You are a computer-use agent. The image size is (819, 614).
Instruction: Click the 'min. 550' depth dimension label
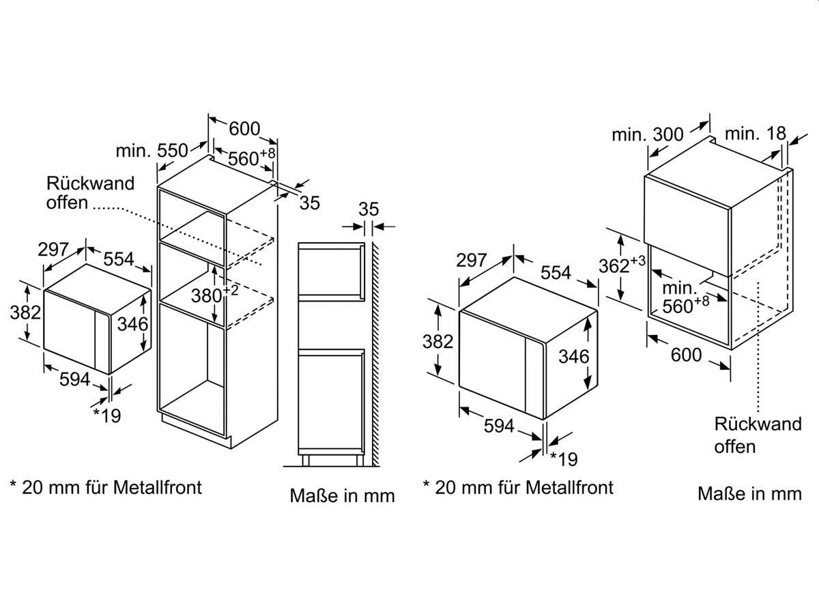[152, 151]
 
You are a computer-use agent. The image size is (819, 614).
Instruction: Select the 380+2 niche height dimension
[214, 295]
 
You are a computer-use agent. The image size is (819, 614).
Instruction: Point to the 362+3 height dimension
[622, 265]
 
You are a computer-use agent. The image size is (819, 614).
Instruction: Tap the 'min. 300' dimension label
[648, 134]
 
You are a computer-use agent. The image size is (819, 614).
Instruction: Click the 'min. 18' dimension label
[756, 134]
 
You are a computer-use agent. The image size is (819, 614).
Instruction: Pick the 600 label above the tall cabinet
[244, 129]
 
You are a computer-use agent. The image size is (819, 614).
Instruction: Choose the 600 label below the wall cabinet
[686, 355]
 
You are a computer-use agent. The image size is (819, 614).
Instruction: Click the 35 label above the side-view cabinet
[369, 209]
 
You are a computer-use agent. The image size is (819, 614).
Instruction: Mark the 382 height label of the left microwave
[25, 312]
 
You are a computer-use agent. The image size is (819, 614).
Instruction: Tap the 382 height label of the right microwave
[437, 341]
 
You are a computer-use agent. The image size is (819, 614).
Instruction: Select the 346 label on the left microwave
[133, 324]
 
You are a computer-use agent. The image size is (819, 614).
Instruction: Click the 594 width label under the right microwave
[499, 426]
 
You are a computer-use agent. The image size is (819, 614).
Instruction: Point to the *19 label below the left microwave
[106, 415]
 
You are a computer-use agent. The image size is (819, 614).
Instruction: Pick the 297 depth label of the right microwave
[471, 260]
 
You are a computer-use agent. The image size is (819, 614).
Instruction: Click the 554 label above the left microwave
[118, 259]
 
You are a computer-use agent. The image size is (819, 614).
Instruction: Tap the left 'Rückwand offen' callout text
[90, 193]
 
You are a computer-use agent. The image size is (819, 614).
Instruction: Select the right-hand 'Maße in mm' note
[749, 494]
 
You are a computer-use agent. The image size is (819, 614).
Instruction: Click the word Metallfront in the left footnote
[158, 488]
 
